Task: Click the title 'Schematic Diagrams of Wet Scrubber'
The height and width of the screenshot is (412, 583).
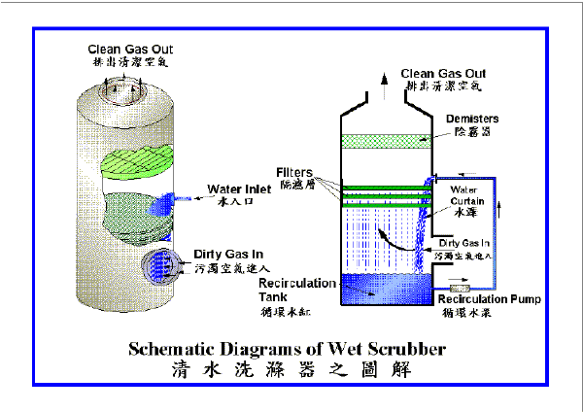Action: pos(289,347)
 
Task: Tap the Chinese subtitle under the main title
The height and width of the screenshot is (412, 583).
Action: pos(289,369)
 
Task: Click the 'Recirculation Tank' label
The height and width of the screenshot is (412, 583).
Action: pos(297,288)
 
